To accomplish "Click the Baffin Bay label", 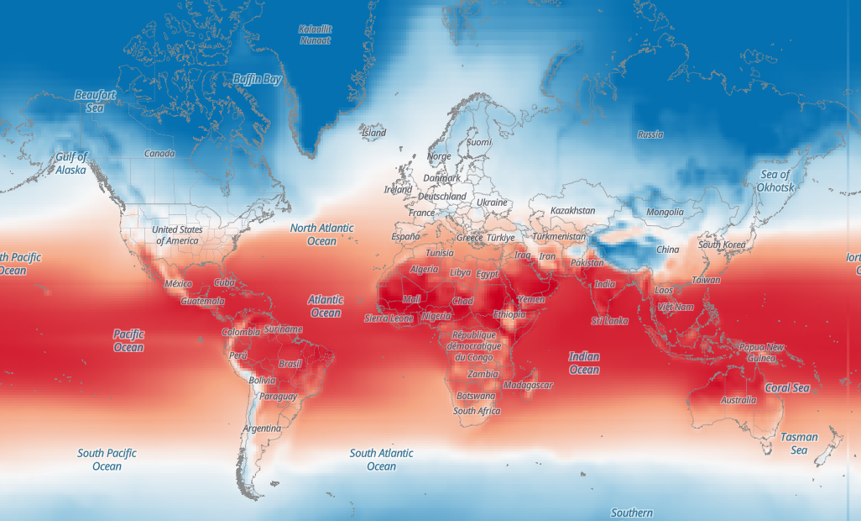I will [x=258, y=79].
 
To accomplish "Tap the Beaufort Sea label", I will [x=95, y=101].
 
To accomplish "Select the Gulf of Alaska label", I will [x=71, y=163].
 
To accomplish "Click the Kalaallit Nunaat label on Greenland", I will [x=316, y=34].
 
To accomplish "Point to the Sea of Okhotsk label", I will [x=775, y=181].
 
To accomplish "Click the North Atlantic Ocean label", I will [x=321, y=234].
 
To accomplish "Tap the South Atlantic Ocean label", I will [x=381, y=460].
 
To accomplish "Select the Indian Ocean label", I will [x=584, y=363].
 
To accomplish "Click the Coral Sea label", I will [x=787, y=388].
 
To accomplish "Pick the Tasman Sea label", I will [x=799, y=444].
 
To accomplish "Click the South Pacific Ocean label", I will [x=107, y=460].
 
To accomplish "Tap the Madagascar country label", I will [x=528, y=385].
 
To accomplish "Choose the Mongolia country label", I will [x=665, y=213].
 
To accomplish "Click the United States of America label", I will [x=177, y=235].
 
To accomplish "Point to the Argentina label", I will [x=262, y=429].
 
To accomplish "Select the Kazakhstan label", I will [x=573, y=211].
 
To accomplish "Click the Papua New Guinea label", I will [x=761, y=352].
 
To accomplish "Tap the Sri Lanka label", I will [x=609, y=321].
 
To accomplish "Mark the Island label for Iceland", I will [x=373, y=133].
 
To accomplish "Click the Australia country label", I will [x=738, y=400].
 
